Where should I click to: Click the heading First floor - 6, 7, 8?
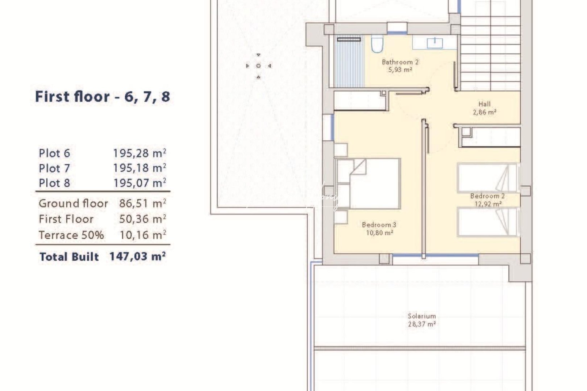point(102,97)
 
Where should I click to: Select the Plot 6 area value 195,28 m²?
point(140,153)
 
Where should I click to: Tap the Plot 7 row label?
point(54,168)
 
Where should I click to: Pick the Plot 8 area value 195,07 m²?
point(140,183)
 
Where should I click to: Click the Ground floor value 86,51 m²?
point(143,203)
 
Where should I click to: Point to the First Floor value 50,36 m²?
point(143,219)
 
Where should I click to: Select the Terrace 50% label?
point(71,235)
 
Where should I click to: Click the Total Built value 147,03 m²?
point(138,256)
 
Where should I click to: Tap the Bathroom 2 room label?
point(400,62)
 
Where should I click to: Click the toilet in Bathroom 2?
point(377,45)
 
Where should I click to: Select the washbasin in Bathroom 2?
point(434,43)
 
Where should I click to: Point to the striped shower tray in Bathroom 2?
point(349,63)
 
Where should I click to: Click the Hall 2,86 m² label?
point(484,108)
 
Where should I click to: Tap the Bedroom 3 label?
point(379,225)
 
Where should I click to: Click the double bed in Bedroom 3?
point(368,184)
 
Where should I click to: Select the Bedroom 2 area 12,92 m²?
point(488,204)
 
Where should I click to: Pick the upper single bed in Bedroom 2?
point(487,177)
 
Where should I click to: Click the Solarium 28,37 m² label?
point(422,320)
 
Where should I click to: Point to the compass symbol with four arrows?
point(258,66)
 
